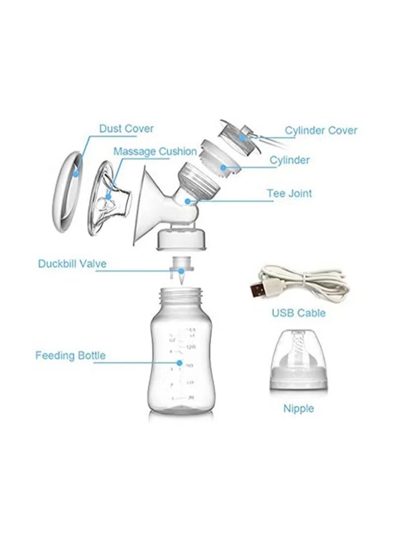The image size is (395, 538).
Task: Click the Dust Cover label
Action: click(126, 129)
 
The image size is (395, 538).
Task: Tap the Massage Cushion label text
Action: click(155, 151)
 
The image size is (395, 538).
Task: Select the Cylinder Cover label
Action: click(321, 130)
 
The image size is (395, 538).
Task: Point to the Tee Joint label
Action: click(289, 193)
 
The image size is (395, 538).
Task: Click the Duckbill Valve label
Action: click(72, 264)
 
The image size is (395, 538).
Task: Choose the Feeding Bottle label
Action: click(70, 355)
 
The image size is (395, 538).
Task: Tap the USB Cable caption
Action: click(299, 313)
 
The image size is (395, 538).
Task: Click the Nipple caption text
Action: click(299, 408)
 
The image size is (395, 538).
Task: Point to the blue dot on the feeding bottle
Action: click(180, 363)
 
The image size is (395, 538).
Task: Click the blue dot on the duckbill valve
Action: click(181, 270)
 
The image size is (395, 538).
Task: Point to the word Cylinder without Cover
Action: click(289, 160)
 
